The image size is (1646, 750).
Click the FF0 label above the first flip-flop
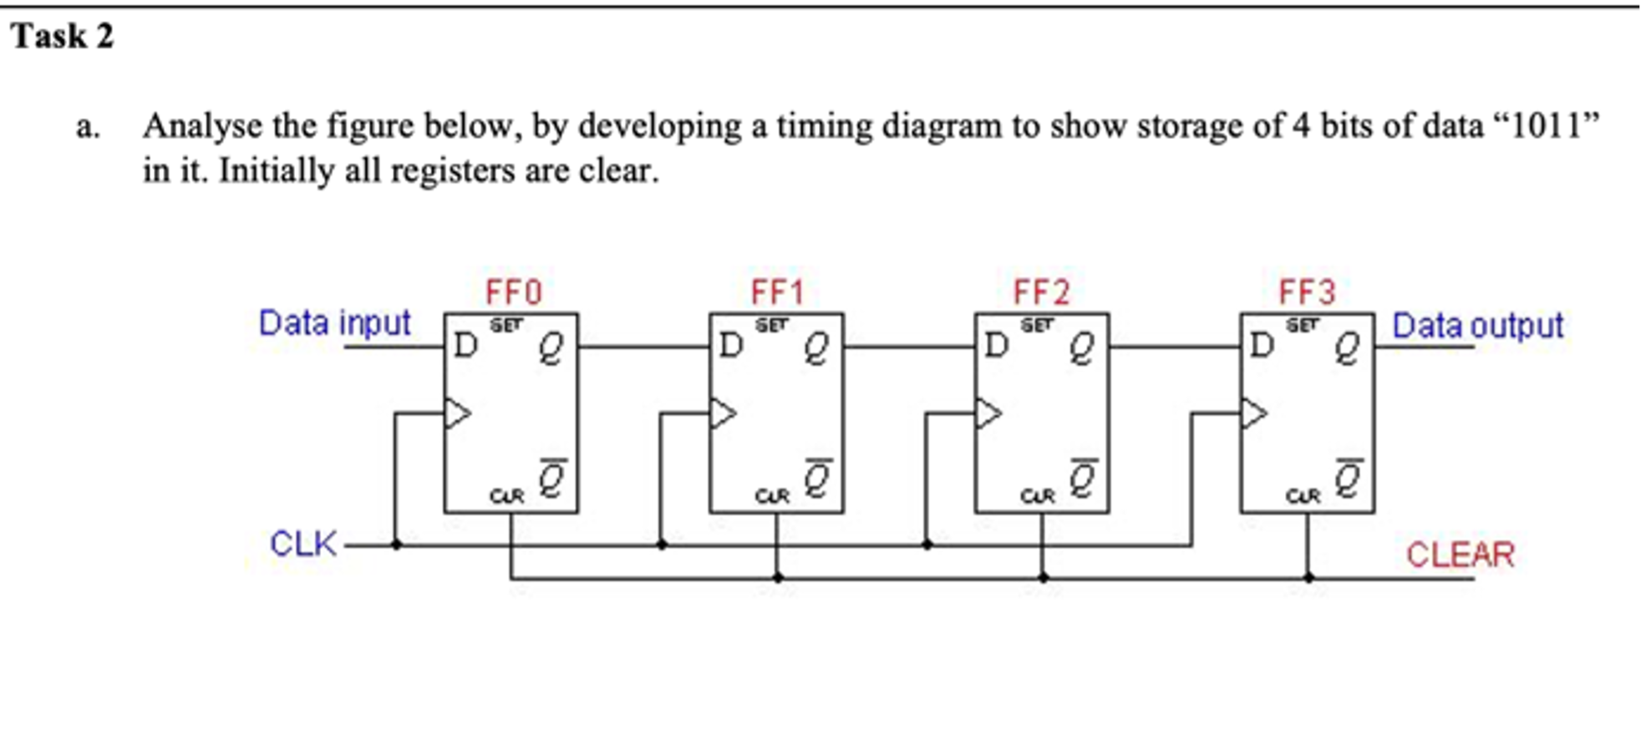click(x=513, y=292)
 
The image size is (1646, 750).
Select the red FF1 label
click(x=777, y=292)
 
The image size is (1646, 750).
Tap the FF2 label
click(x=1041, y=292)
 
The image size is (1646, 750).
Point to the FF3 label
click(x=1307, y=292)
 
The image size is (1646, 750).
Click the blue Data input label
click(x=334, y=323)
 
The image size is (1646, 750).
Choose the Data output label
click(x=1477, y=326)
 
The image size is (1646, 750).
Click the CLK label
click(x=302, y=545)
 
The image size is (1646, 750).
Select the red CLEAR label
click(x=1460, y=555)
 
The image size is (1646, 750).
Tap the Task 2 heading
click(x=63, y=37)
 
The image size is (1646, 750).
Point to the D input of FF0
click(x=465, y=345)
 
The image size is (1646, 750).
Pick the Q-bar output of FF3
click(x=1348, y=479)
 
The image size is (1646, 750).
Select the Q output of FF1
click(x=816, y=348)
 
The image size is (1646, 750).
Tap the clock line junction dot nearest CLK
click(x=396, y=545)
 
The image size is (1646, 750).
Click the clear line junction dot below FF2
click(x=1043, y=578)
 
